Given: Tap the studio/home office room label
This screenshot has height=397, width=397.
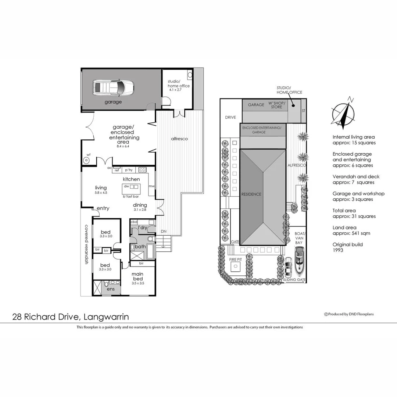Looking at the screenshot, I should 179,85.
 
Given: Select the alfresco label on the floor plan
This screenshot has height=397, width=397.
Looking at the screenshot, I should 179,139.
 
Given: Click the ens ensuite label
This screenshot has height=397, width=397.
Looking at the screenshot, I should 111,289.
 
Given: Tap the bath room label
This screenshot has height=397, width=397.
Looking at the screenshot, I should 140,247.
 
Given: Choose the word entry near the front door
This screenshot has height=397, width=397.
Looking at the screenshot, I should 103,208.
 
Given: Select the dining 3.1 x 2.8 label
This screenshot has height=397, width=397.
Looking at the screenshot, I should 140,207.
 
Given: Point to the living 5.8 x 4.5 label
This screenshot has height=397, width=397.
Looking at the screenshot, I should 100,190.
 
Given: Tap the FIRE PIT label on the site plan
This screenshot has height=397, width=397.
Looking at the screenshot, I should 235,260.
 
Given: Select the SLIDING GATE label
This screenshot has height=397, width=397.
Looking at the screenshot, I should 294,280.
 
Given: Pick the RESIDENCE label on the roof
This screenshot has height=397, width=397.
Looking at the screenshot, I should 251,194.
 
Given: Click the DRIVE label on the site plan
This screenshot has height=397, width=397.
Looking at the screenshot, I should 230,118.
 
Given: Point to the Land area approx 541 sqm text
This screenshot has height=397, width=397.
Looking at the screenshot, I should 351,230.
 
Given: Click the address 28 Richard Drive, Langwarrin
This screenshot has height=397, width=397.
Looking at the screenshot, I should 71,316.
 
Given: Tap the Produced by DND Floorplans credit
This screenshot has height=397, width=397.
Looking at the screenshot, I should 349,314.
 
